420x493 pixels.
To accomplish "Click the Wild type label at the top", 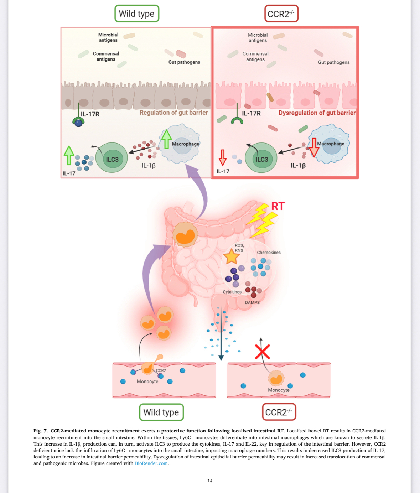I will [136, 14].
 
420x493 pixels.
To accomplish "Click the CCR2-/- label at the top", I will [281, 14].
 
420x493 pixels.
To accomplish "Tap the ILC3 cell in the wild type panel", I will [112, 158].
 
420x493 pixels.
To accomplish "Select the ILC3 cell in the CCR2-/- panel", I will [261, 158].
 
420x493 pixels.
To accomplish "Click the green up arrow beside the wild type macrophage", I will [166, 139].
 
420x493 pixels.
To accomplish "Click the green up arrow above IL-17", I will [69, 155].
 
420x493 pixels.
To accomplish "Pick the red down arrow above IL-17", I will [223, 157].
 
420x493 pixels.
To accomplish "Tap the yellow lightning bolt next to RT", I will [263, 220].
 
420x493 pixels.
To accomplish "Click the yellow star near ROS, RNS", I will [231, 256].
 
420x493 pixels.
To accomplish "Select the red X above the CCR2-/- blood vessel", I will [263, 352].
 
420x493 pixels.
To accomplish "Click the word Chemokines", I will [269, 253].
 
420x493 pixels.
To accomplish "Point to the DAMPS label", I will [252, 302].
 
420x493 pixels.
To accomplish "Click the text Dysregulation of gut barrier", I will [317, 113].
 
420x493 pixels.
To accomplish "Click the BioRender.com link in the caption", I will [151, 463].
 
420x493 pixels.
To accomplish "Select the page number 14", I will [210, 481].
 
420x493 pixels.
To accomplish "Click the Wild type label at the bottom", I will [161, 412].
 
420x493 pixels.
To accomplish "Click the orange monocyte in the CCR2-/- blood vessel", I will [276, 378].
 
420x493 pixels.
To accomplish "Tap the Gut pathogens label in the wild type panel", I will [184, 62].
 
